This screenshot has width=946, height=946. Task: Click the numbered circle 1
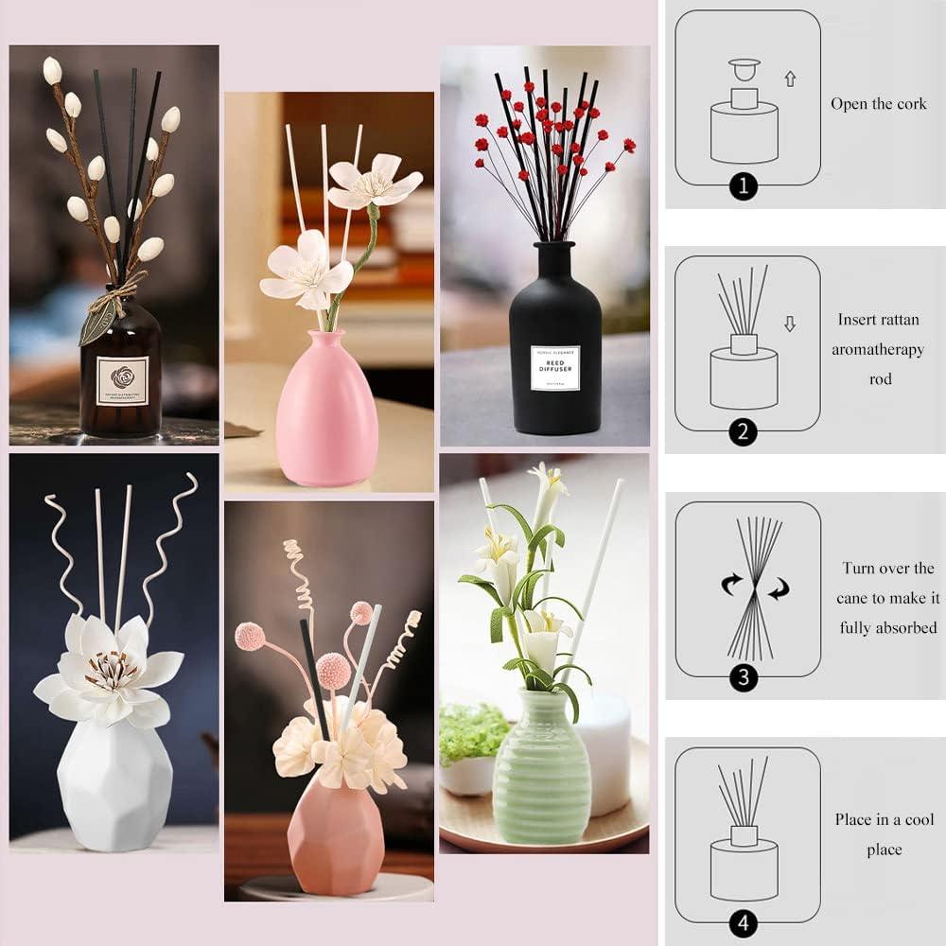pyautogui.click(x=743, y=186)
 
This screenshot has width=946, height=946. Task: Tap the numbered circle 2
pyautogui.click(x=743, y=432)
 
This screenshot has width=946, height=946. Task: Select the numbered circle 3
pyautogui.click(x=743, y=676)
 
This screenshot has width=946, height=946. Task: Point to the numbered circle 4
pyautogui.click(x=743, y=923)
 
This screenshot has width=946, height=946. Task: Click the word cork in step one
pyautogui.click(x=910, y=104)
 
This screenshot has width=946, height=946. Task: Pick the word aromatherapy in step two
pyautogui.click(x=878, y=350)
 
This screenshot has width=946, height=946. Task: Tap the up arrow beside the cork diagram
pyautogui.click(x=790, y=79)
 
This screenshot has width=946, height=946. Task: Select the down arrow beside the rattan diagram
pyautogui.click(x=790, y=324)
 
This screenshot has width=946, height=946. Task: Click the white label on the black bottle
pyautogui.click(x=555, y=368)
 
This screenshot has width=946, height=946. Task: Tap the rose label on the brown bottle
pyautogui.click(x=122, y=380)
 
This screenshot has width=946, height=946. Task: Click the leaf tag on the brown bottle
pyautogui.click(x=96, y=322)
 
